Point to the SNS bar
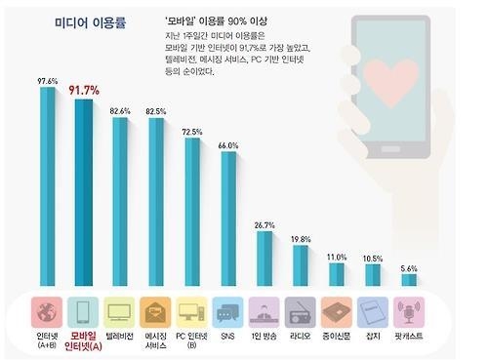(228, 220)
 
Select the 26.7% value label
(264, 224)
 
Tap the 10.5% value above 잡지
(373, 259)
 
